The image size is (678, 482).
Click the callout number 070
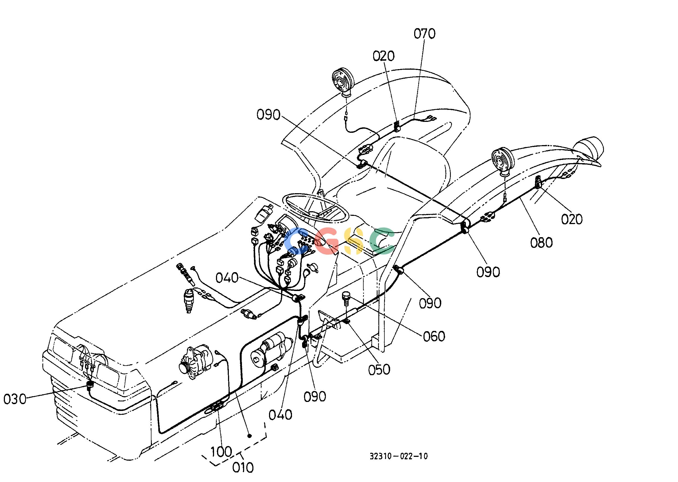424,34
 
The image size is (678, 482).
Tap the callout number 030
15,399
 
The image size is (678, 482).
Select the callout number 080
541,243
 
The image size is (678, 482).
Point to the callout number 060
434,336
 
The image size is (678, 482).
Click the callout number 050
379,369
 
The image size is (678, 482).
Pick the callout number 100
221,452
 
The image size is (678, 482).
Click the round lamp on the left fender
344,82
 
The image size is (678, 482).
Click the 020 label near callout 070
383,56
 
